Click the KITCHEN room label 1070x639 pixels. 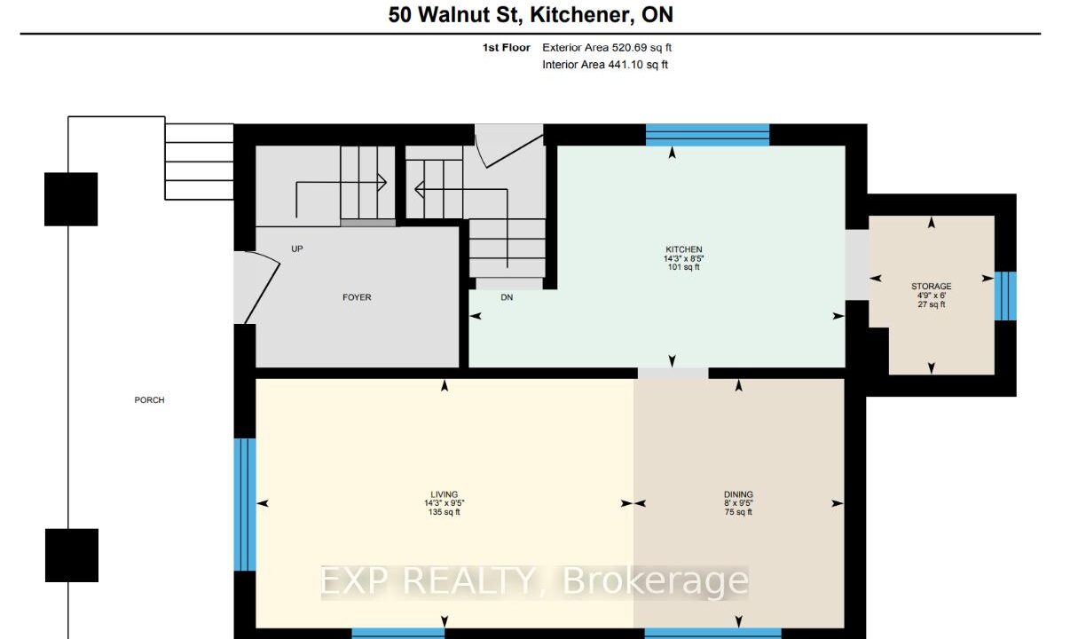click(683, 249)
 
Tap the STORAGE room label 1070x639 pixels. click(931, 287)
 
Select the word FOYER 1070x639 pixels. click(357, 297)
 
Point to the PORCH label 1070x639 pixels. click(149, 400)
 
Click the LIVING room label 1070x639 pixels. click(445, 494)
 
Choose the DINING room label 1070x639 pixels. click(738, 494)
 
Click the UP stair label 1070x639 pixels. click(297, 249)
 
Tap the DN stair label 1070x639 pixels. click(507, 297)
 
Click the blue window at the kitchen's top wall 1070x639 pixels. click(707, 135)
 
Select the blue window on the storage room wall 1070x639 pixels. click(1005, 296)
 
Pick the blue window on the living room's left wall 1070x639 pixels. click(245, 505)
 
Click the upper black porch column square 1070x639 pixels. click(71, 200)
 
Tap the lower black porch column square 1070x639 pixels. click(72, 556)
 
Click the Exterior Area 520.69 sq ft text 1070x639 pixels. click(607, 48)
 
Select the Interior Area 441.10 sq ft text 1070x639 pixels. click(605, 65)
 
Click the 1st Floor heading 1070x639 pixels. click(507, 48)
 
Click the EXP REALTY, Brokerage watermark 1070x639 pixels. click(534, 581)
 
